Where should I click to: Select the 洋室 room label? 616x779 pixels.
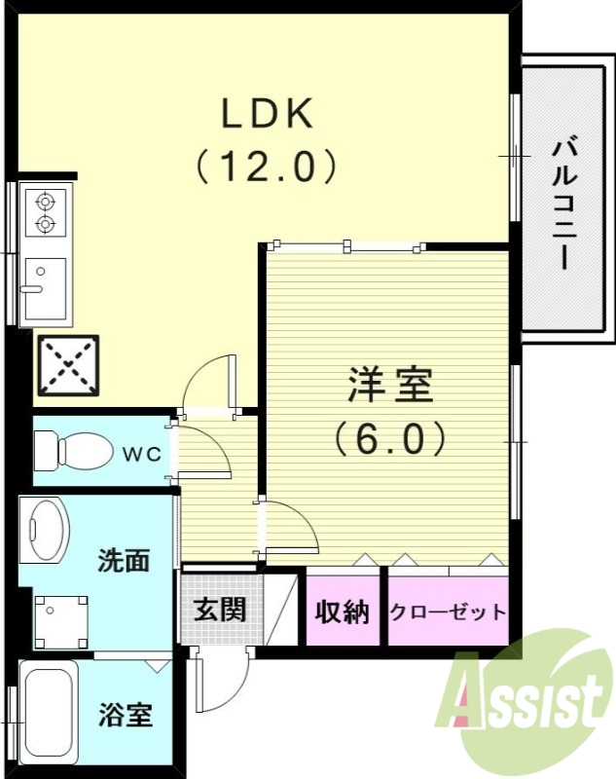390,387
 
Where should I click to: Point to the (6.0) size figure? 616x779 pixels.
390,437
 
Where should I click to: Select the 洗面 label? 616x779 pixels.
124,561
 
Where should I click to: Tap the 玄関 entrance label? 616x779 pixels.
219,610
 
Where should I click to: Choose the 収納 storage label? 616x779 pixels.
343,612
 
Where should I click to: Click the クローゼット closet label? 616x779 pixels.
448,612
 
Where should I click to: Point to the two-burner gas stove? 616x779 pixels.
45,213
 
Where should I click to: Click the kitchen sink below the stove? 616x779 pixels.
43,288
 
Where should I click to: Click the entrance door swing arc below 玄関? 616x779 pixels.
217,682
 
